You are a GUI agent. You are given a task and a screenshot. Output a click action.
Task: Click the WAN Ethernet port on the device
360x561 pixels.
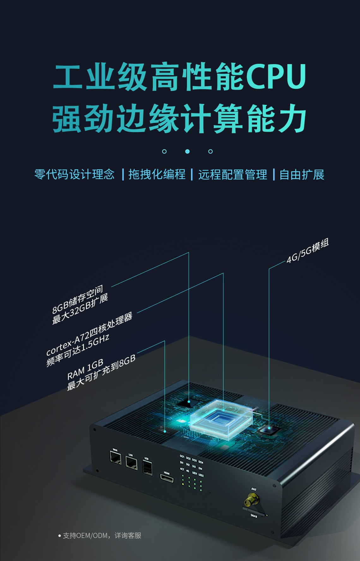click(115, 458)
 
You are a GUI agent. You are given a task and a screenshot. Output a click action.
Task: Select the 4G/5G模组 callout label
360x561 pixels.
click(308, 251)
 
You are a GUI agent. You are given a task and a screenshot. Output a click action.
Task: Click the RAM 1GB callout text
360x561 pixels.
click(85, 369)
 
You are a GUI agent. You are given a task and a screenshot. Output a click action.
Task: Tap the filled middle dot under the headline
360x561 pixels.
click(187, 152)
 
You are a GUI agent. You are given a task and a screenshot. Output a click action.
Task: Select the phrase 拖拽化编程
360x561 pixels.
click(157, 174)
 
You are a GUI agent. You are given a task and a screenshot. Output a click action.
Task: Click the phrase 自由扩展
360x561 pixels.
click(302, 174)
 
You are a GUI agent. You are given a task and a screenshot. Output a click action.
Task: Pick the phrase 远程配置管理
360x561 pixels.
click(233, 174)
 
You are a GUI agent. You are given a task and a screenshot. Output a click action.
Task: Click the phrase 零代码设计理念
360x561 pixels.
click(75, 174)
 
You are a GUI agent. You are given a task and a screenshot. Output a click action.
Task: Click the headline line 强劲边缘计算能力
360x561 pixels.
click(179, 119)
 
